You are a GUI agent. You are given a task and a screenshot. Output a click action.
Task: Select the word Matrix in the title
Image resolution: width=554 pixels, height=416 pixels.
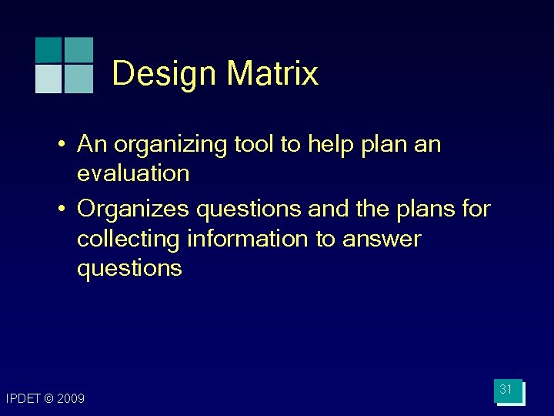(272, 74)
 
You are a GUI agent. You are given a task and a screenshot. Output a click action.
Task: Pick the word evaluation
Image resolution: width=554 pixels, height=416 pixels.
(133, 173)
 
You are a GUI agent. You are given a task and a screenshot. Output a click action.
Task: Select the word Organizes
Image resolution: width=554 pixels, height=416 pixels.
(134, 210)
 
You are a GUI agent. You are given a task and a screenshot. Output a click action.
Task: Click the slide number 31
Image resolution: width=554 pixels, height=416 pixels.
(506, 390)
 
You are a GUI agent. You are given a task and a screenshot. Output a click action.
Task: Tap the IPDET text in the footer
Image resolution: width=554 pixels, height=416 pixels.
(22, 398)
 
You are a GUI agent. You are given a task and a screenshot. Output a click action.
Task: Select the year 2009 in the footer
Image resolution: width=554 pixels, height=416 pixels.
(71, 398)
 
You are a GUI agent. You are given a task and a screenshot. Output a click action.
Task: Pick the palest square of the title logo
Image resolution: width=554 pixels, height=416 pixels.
(48, 79)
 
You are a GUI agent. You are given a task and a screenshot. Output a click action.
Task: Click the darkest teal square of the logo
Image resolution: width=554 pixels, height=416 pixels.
(48, 49)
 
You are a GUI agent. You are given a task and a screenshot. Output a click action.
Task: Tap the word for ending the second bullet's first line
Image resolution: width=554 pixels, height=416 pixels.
(473, 210)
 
